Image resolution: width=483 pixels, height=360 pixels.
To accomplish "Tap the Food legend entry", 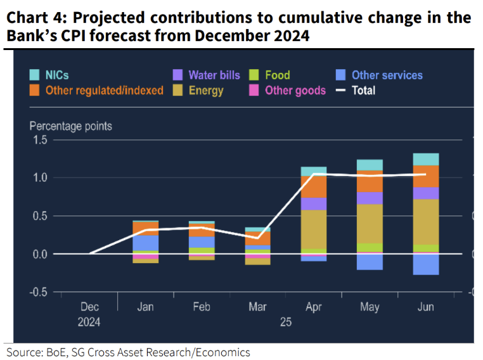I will point(278,75).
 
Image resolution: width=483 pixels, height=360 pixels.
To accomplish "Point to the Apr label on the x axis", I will point(313,307).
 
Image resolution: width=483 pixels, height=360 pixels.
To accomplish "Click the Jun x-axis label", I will point(425,307).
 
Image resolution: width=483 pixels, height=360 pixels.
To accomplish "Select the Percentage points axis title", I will point(71,126).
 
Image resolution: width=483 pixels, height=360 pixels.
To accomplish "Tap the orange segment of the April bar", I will point(313,186).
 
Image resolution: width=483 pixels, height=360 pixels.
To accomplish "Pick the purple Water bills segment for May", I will point(370,198).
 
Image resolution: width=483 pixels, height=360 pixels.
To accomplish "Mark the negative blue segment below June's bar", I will point(425,264).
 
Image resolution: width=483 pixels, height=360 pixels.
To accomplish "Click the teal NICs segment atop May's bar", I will point(370,165).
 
